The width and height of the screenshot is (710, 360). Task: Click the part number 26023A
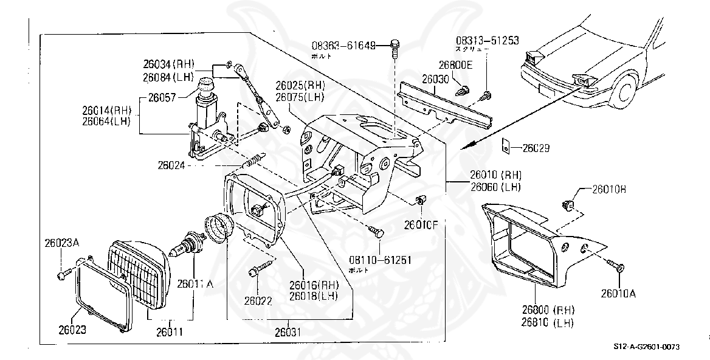pos(62,243)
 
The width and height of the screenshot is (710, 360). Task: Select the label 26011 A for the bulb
pos(195,283)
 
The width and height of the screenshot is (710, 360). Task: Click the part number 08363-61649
pos(343,45)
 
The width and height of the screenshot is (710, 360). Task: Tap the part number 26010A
pos(618,294)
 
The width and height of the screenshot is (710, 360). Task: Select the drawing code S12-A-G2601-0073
pos(646,347)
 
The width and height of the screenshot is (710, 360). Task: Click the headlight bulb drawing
pos(188,245)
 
